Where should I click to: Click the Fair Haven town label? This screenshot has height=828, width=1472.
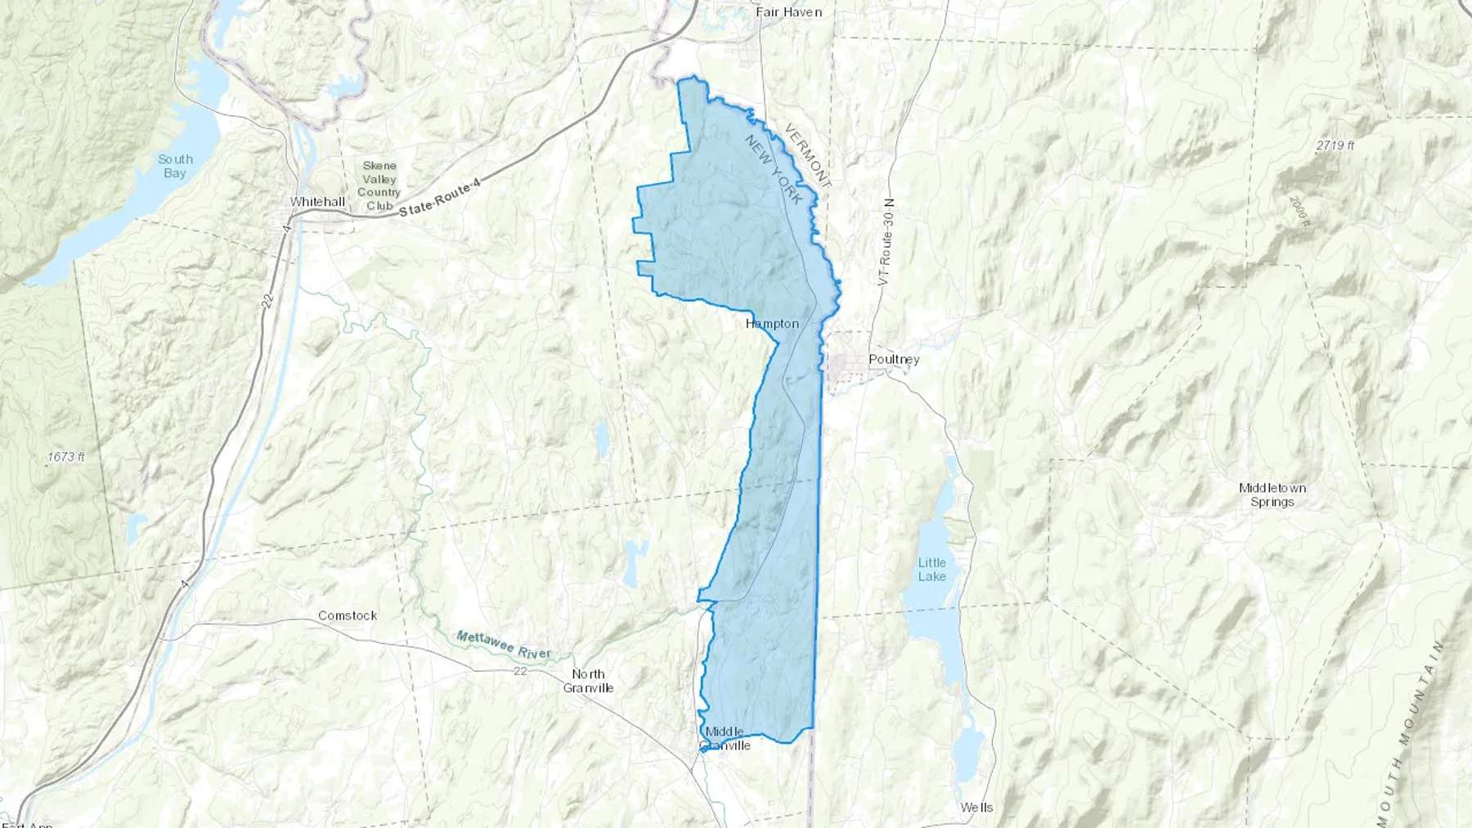click(788, 12)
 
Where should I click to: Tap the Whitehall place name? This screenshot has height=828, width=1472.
click(317, 202)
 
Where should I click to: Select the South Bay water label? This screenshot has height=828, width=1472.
click(175, 166)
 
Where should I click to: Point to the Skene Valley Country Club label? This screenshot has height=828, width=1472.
click(379, 186)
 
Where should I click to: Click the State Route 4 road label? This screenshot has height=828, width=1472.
click(440, 200)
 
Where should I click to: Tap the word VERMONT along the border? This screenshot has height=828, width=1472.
click(808, 156)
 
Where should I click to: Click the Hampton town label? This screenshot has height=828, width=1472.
click(772, 324)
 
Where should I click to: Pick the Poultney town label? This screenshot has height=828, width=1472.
click(894, 360)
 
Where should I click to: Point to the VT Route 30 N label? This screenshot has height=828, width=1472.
click(886, 242)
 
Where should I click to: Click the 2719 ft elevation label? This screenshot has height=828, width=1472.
click(1335, 145)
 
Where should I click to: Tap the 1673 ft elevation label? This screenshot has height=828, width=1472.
click(65, 457)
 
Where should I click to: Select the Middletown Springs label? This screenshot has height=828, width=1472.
click(1272, 495)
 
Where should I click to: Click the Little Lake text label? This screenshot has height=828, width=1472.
click(931, 569)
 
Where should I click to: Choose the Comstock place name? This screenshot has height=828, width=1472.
click(348, 615)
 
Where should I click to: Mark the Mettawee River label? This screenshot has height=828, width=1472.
click(503, 646)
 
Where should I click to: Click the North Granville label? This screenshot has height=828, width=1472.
click(588, 681)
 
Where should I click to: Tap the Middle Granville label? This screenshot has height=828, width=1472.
click(725, 738)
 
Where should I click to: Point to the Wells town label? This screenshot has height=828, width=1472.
click(976, 808)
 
